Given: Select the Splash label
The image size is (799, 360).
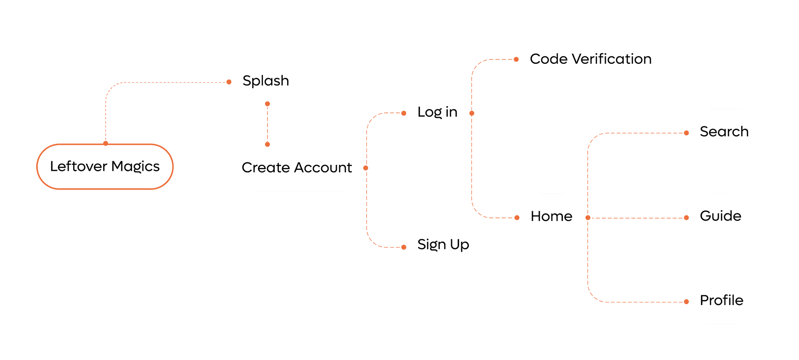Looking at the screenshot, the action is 266,81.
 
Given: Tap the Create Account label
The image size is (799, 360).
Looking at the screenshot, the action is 296,168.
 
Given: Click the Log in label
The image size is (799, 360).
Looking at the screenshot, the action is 437,112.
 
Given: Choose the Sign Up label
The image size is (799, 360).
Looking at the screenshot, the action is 443,245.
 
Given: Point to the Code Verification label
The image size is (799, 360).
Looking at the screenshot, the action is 591,59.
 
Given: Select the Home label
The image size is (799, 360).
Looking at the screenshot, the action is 551,216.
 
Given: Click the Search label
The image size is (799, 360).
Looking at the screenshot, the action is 724,132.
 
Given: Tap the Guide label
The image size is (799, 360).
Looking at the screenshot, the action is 720,216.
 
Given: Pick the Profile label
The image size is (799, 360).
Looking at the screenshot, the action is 721,300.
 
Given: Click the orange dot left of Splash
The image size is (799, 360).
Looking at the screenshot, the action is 229,82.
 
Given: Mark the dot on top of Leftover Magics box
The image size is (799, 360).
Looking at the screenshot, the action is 106,143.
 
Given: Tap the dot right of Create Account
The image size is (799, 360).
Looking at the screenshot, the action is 366,168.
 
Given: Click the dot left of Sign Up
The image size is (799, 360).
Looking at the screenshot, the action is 404,247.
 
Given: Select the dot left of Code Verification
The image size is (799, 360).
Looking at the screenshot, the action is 517,60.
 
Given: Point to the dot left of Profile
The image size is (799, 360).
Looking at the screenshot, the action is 687,302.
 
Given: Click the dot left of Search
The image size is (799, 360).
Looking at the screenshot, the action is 687,133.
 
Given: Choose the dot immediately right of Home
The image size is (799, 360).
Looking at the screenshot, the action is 588,218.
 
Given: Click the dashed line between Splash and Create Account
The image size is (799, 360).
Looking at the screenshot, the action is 268,124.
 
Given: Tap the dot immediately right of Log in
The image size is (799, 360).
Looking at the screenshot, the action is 472,113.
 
